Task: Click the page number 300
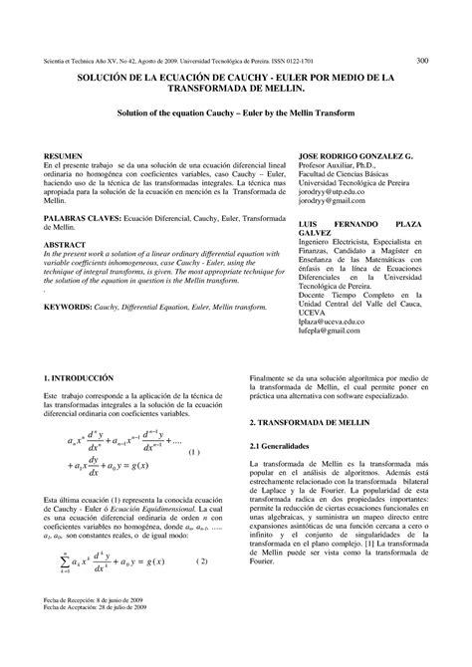coord(422,60)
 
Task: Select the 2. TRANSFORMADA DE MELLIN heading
coord(314,422)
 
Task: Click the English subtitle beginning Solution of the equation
coord(235,116)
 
